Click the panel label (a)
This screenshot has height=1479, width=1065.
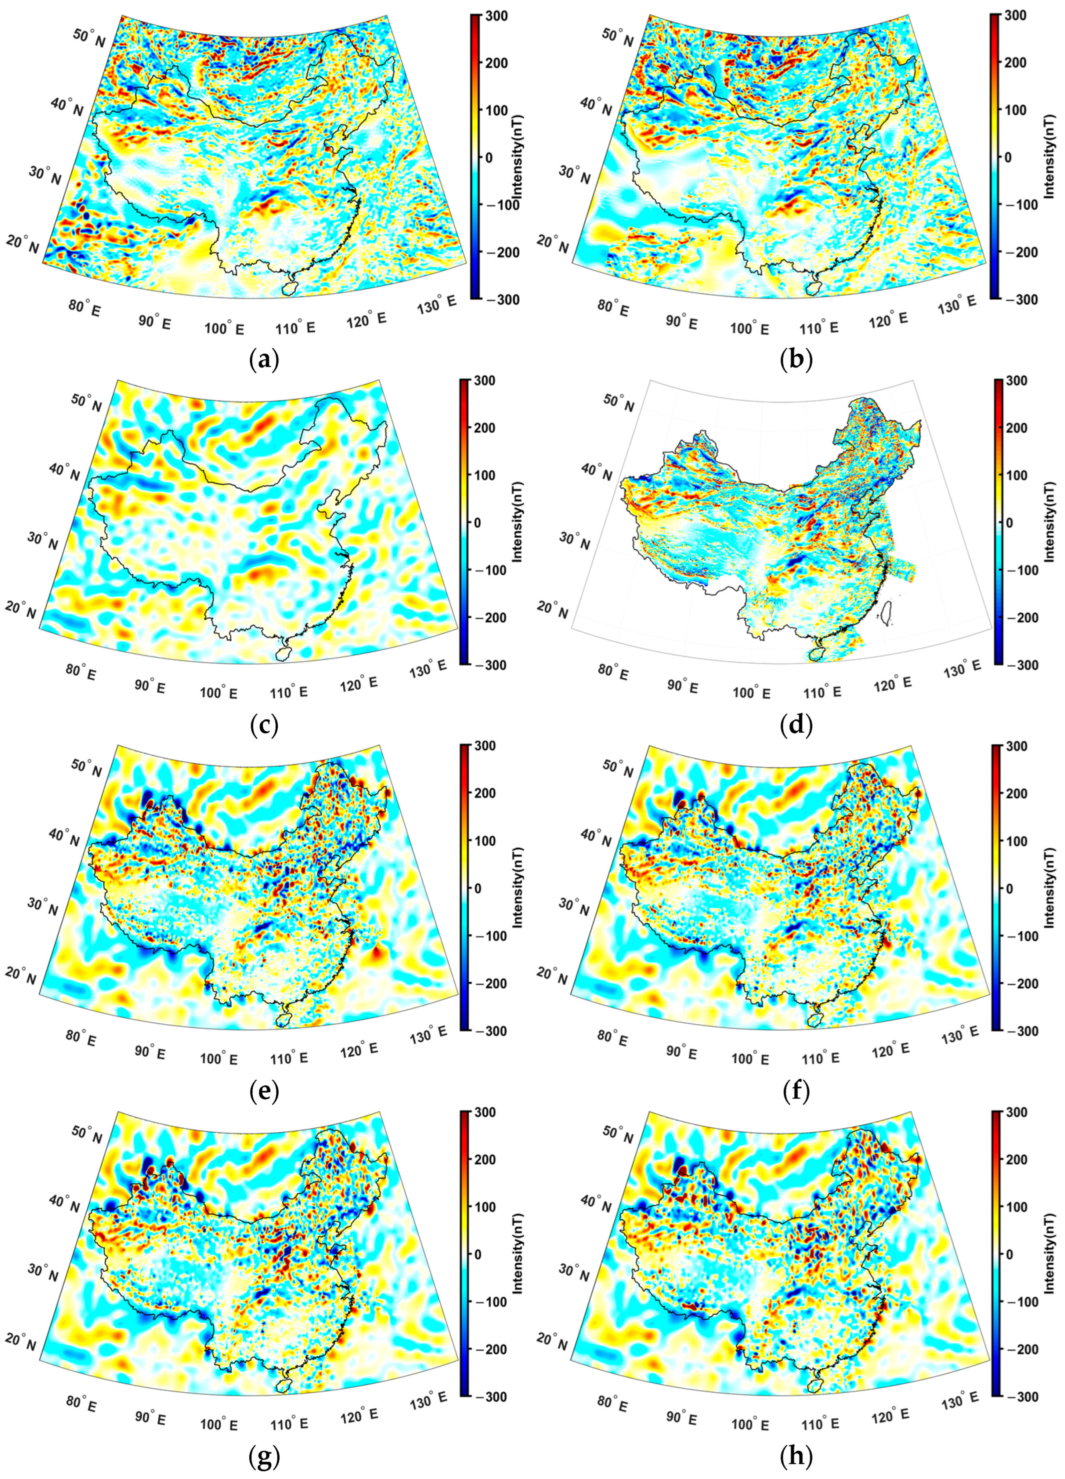(264, 360)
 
